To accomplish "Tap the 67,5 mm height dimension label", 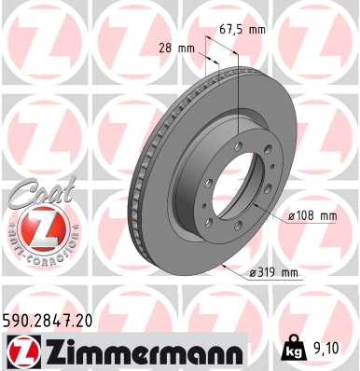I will click(x=242, y=29).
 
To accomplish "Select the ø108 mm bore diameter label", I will click(x=312, y=215).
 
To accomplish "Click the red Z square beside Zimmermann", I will click(x=20, y=351).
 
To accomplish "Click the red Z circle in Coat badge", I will click(x=36, y=226).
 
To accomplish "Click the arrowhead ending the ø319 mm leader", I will click(x=221, y=265).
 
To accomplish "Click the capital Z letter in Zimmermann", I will click(x=46, y=351).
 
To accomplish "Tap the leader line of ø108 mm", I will click(x=270, y=213).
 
